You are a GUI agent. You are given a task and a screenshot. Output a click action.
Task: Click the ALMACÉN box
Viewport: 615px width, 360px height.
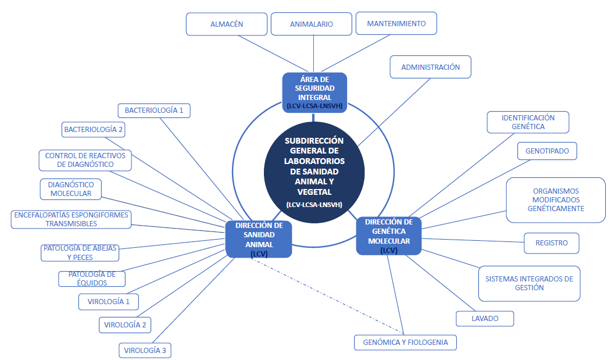pyautogui.click(x=227, y=24)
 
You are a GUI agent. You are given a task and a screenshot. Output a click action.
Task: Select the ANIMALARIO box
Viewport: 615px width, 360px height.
pyautogui.click(x=312, y=24)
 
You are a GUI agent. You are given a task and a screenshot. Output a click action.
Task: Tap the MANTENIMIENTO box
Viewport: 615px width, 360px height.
pyautogui.click(x=396, y=24)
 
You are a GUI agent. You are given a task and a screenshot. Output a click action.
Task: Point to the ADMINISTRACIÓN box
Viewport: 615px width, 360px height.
pyautogui.click(x=430, y=67)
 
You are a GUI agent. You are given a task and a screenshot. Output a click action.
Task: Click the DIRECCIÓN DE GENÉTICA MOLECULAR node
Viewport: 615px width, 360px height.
pyautogui.click(x=389, y=236)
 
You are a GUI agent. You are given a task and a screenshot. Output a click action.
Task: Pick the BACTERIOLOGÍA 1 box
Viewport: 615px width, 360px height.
pyautogui.click(x=153, y=110)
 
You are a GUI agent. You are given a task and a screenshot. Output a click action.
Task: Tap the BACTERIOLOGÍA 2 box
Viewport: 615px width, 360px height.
pyautogui.click(x=94, y=129)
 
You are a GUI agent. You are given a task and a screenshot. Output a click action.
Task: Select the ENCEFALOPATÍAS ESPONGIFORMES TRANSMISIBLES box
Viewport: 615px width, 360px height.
pyautogui.click(x=71, y=219)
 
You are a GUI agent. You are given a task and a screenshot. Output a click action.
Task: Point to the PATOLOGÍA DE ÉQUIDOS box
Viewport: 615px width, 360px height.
pyautogui.click(x=92, y=279)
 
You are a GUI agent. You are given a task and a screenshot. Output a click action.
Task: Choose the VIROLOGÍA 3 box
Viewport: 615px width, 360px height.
pyautogui.click(x=145, y=350)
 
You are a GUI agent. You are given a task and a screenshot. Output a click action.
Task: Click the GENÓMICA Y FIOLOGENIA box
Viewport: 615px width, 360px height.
pyautogui.click(x=405, y=342)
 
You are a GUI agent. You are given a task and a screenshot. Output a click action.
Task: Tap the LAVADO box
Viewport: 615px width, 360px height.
pyautogui.click(x=485, y=319)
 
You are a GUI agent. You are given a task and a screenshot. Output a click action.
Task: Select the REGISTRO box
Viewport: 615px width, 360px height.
pyautogui.click(x=552, y=243)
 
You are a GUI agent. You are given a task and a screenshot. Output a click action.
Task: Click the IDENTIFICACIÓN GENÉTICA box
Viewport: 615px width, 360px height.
pyautogui.click(x=528, y=122)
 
